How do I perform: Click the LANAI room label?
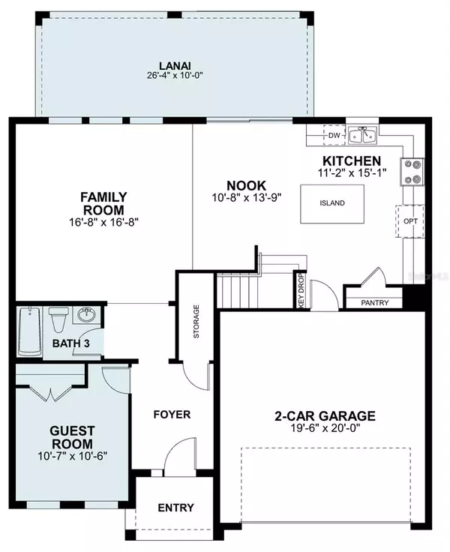coord(175,66)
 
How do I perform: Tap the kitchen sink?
coord(363,135)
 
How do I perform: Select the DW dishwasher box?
coord(334,135)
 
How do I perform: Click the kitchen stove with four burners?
coord(412,172)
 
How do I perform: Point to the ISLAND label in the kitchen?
coord(332,203)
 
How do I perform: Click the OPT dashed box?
coord(410,221)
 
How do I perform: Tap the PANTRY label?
coord(375,303)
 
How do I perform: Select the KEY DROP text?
coord(300,291)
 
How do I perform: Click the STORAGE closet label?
coord(196,321)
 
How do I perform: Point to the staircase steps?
coord(238,292)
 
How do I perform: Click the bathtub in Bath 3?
coord(29,331)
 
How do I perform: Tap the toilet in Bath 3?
coord(58,319)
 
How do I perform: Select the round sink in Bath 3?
coord(86,314)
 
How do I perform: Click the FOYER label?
coord(172,414)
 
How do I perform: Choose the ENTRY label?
coord(175,508)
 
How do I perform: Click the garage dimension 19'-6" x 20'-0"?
coord(325,428)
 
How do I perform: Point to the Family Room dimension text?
coord(103,222)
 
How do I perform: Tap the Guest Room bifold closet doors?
coord(52,392)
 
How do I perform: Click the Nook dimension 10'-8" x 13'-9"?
coord(247,198)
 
